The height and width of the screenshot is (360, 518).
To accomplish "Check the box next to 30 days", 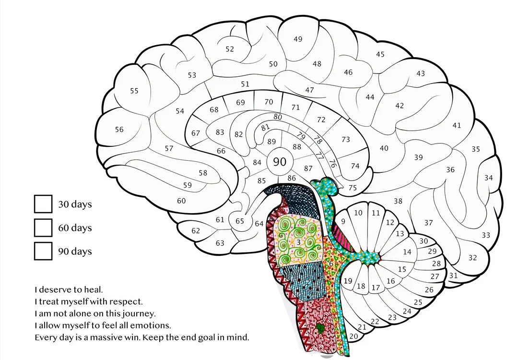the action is pyautogui.click(x=43, y=204).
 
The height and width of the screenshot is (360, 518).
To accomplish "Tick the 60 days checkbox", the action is pyautogui.click(x=43, y=228).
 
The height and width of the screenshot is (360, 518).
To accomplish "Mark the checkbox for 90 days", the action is pyautogui.click(x=43, y=251).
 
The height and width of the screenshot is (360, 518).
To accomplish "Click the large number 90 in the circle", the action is pyautogui.click(x=280, y=162).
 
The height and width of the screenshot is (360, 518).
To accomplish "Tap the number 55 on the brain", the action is pyautogui.click(x=134, y=91).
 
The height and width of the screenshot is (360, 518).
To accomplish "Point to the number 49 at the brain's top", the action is pyautogui.click(x=298, y=39).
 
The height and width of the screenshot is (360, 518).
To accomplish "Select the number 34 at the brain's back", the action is pyautogui.click(x=488, y=178).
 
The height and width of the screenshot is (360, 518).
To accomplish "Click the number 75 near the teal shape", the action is pyautogui.click(x=353, y=188).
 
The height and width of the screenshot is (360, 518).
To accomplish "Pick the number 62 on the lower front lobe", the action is pyautogui.click(x=196, y=230).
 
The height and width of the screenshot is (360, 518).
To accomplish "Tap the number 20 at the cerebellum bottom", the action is pyautogui.click(x=353, y=336).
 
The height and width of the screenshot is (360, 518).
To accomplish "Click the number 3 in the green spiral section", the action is pyautogui.click(x=299, y=242).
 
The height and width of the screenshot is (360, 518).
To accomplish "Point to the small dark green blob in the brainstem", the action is pyautogui.click(x=320, y=327).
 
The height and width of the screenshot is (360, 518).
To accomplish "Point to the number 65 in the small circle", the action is pyautogui.click(x=239, y=221).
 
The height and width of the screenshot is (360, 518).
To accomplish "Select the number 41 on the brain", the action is pyautogui.click(x=457, y=125).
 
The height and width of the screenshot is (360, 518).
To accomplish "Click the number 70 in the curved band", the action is pyautogui.click(x=269, y=102).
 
